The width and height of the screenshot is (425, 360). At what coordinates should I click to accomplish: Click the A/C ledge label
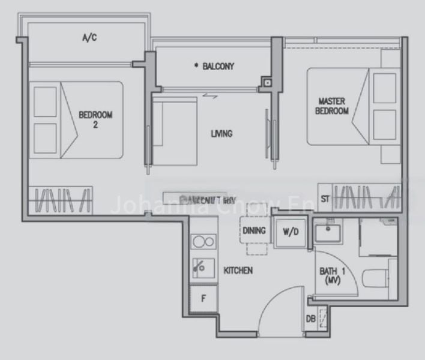(x=89, y=38)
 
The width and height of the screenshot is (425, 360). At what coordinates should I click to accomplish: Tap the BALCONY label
(x=214, y=66)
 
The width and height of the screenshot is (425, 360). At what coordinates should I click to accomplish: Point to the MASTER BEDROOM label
(x=333, y=106)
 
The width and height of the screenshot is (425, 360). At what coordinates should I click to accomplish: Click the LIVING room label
(x=222, y=134)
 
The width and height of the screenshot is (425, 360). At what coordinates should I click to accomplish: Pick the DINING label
(x=255, y=230)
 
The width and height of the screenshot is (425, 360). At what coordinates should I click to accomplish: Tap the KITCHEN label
(x=238, y=271)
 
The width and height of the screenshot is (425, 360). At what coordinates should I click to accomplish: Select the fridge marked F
(x=203, y=298)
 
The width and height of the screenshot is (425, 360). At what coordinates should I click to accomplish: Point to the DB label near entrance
(x=311, y=319)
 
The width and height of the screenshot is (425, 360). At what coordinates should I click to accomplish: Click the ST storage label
(x=325, y=199)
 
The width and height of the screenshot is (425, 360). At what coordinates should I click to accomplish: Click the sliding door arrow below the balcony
(x=209, y=94)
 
